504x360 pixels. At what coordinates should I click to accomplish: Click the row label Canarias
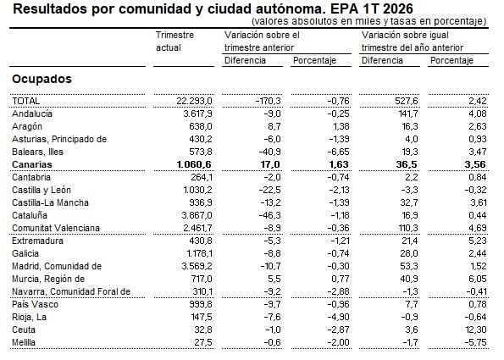(x=32, y=164)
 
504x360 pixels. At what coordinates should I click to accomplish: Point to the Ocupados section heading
(x=42, y=79)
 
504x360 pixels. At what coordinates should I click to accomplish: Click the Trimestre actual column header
(x=175, y=42)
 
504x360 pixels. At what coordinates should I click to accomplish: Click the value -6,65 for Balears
(x=325, y=152)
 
